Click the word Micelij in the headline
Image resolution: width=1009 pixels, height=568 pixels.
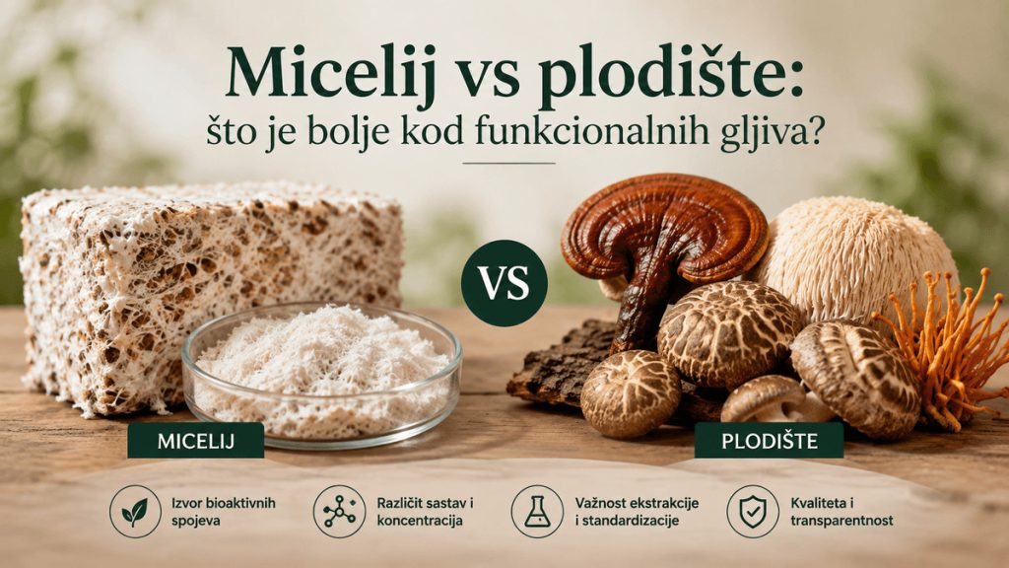[x=329, y=71]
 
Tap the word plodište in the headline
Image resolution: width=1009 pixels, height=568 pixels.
[x=664, y=71]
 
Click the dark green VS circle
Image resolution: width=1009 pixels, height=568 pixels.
[x=504, y=283]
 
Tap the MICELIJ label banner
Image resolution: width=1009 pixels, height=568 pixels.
[x=196, y=441]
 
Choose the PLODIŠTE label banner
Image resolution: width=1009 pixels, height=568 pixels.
[x=769, y=441]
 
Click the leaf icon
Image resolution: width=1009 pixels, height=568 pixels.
[x=134, y=512]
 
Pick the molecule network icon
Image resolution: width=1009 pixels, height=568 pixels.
[x=339, y=512]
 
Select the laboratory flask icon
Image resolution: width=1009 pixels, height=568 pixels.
[x=537, y=512]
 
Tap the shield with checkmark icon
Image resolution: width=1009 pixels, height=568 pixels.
[x=752, y=512]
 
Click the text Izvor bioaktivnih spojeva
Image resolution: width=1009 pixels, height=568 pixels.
[x=224, y=512]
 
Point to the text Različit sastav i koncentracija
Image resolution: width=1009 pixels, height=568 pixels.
[x=426, y=512]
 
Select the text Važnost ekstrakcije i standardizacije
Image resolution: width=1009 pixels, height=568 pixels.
[x=637, y=512]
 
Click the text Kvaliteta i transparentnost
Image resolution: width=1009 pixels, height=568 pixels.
[x=841, y=512]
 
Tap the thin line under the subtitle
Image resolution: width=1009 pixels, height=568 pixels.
[x=509, y=164]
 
